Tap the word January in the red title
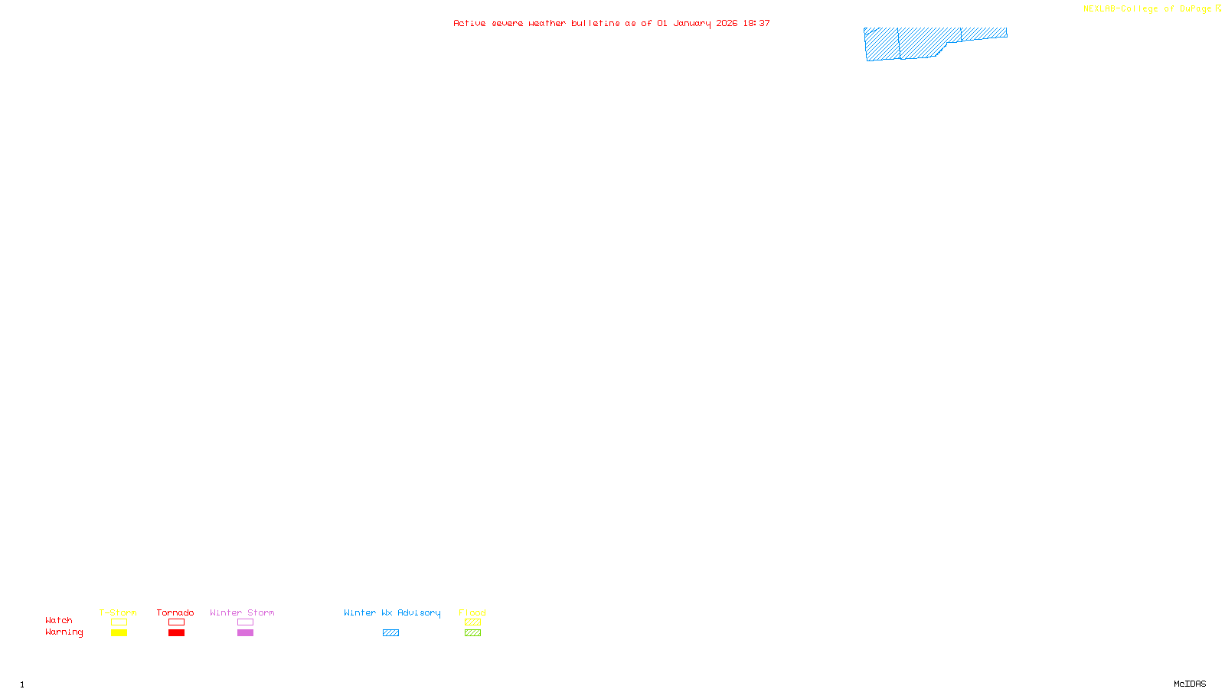(x=691, y=24)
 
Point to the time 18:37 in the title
(x=756, y=24)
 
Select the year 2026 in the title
(x=727, y=24)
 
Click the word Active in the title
(x=469, y=24)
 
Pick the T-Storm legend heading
(x=118, y=612)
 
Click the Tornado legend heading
(x=175, y=612)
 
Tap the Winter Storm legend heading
(x=242, y=612)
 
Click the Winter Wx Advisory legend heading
(x=392, y=612)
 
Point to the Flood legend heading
(x=472, y=612)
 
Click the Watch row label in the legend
(x=59, y=620)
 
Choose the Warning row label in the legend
(x=64, y=632)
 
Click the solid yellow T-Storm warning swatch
(x=119, y=633)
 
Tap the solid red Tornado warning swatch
(x=176, y=633)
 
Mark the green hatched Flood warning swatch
(x=472, y=633)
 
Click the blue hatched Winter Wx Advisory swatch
(x=390, y=633)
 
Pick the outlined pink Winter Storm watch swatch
(x=245, y=622)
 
